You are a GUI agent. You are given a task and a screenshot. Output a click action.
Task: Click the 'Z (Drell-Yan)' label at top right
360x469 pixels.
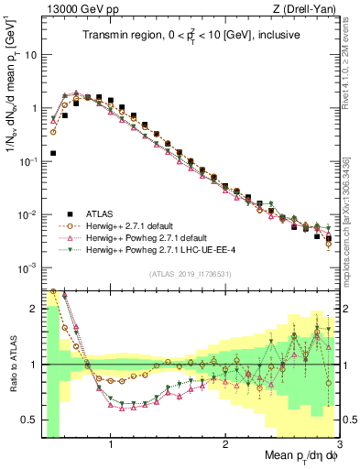coord(309,10)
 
